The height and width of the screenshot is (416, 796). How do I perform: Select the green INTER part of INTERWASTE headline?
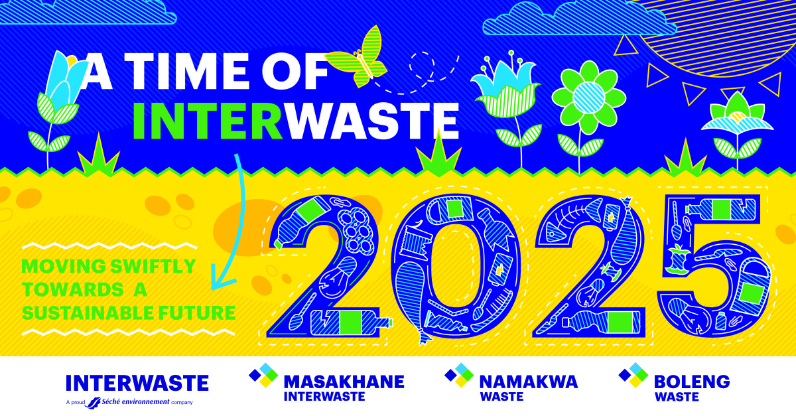208,121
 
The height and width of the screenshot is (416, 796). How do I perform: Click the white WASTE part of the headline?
371,121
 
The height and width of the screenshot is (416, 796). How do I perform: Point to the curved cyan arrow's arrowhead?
222,279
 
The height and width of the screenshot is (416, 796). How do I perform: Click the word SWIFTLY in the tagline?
153,266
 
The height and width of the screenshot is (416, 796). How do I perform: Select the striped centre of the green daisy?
589,97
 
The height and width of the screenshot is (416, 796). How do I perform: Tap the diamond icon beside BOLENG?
633,375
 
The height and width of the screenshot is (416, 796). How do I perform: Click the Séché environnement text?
135,402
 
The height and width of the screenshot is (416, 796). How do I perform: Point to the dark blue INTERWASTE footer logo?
137,383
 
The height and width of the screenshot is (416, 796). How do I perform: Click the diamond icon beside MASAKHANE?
263,375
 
